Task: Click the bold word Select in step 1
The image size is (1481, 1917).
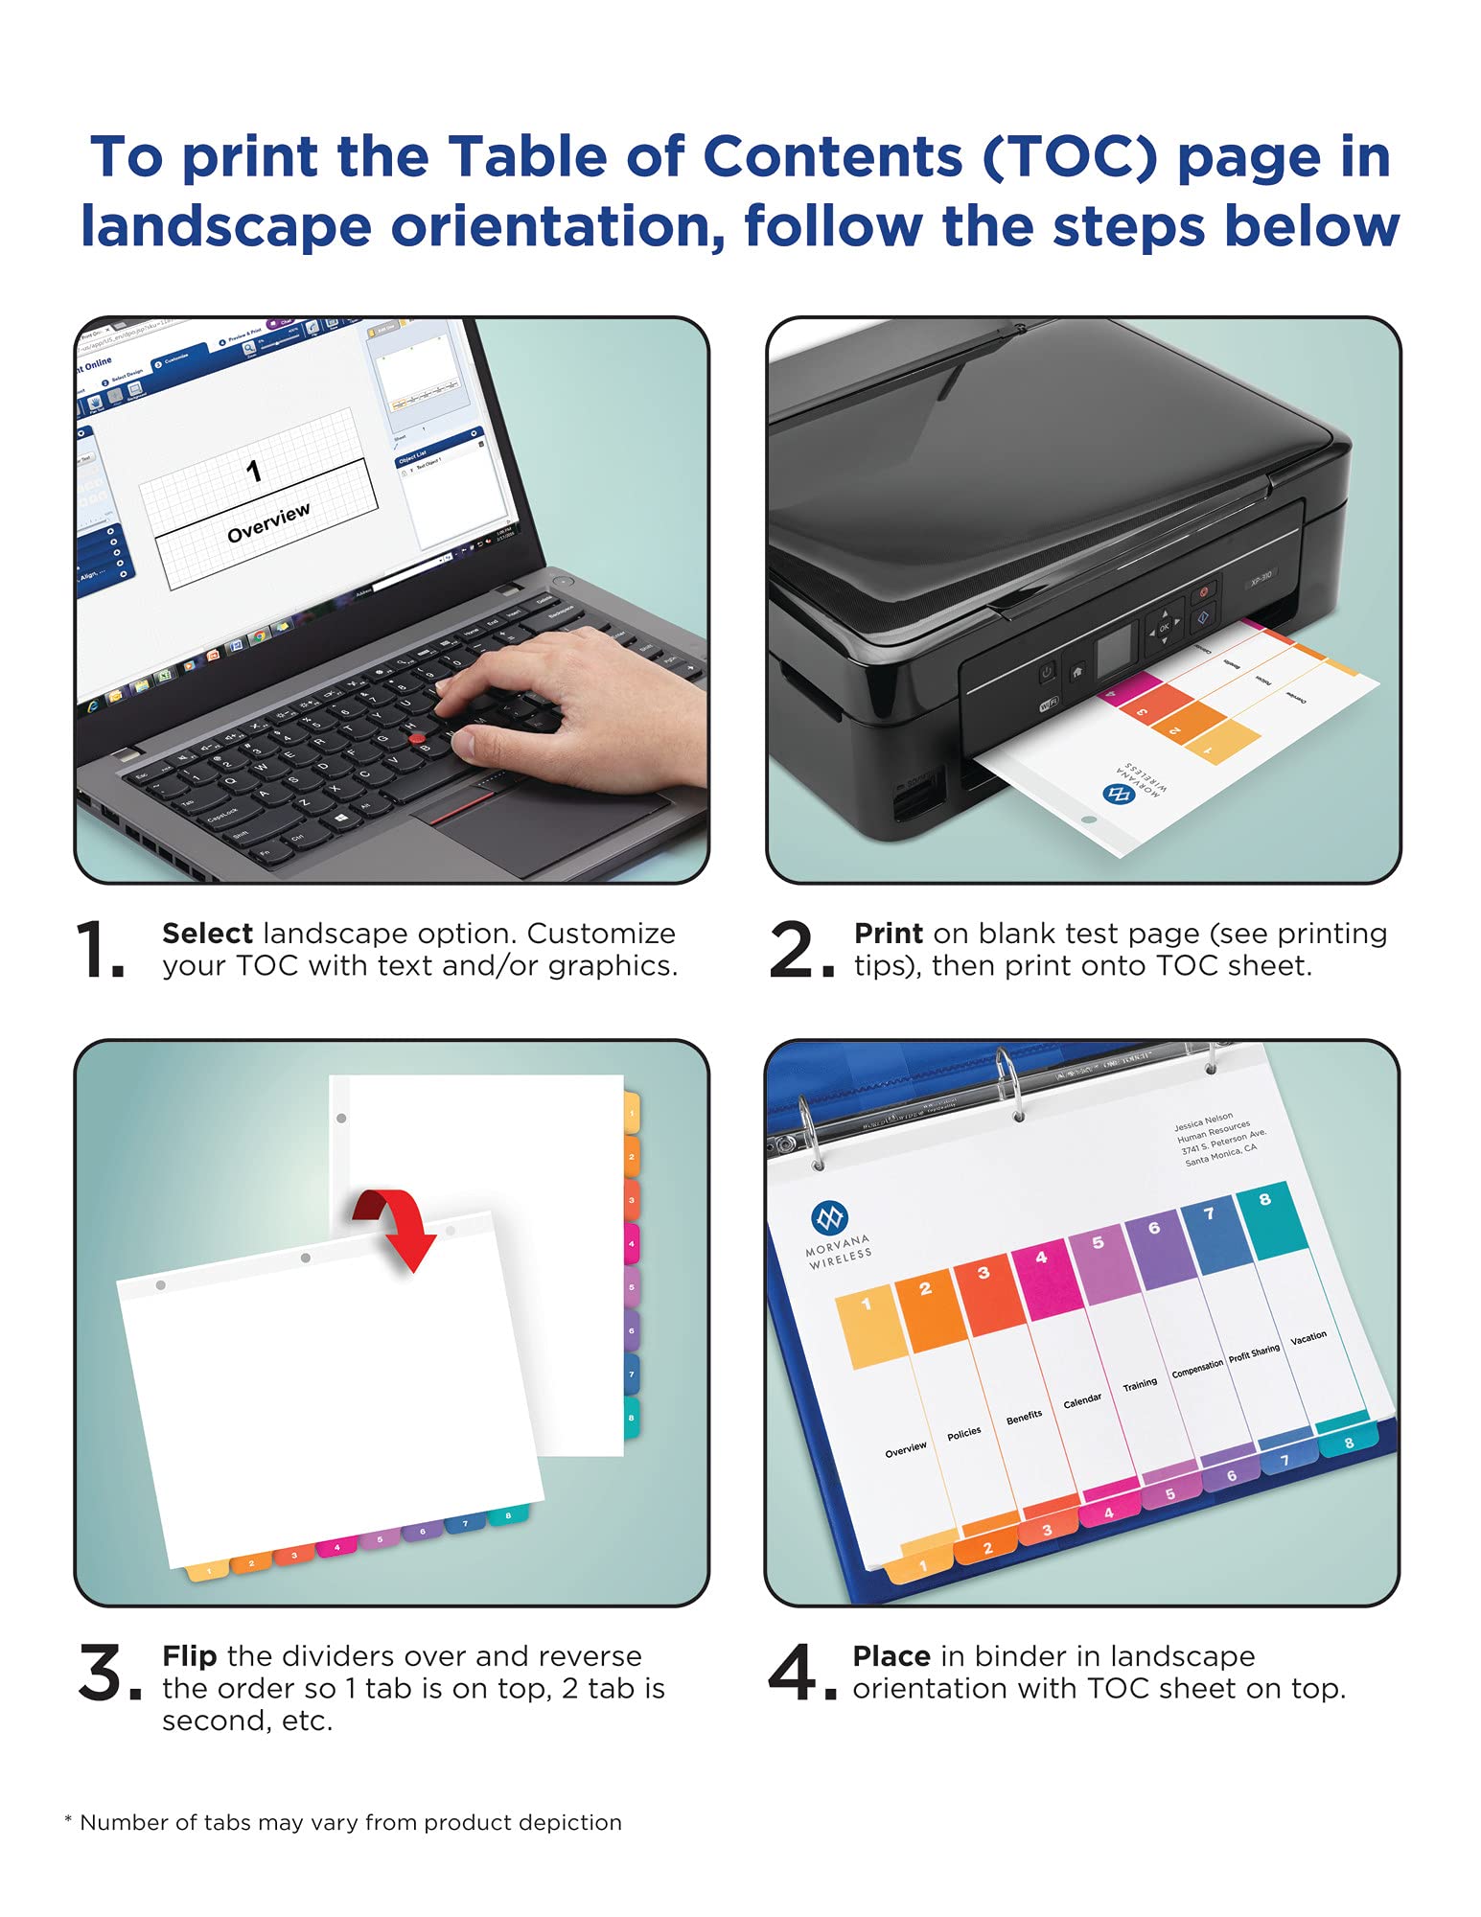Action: [207, 933]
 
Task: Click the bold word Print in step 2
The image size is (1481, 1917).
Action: [888, 933]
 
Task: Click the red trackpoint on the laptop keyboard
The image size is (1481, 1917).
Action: [417, 738]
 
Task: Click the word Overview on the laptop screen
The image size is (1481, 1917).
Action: [268, 523]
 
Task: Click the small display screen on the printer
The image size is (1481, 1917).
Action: [1115, 652]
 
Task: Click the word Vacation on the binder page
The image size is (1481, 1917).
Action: [1307, 1337]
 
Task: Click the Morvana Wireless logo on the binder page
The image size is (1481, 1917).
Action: [829, 1219]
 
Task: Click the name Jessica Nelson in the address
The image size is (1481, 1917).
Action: [1204, 1120]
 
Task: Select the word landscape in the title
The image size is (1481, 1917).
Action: [226, 227]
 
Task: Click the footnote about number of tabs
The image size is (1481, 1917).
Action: [343, 1822]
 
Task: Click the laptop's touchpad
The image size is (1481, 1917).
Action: [537, 824]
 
